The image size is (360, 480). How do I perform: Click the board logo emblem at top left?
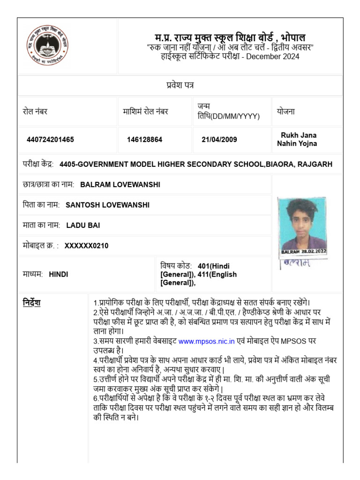coord(46,46)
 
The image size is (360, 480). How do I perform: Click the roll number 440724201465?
coord(50,140)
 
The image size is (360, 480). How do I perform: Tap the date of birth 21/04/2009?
coord(219,140)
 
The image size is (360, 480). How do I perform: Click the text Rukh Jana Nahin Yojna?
coord(297,139)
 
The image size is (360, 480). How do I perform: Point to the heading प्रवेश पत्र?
coord(180,85)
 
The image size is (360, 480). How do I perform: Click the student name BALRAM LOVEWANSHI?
coord(120,185)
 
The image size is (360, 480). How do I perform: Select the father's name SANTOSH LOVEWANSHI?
coord(108,205)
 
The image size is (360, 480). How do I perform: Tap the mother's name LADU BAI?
coord(83,225)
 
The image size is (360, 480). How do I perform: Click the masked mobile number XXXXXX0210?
coord(86,246)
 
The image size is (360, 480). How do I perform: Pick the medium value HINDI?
coord(59,274)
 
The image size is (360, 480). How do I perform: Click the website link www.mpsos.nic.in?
coord(206,342)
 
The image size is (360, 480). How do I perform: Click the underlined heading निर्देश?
coord(32,303)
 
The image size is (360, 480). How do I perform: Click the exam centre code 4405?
coord(67,164)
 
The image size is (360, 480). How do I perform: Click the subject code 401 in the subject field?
coord(204,266)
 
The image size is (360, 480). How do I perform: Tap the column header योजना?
coord(285,112)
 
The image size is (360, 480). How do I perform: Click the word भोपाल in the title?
coord(293,37)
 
